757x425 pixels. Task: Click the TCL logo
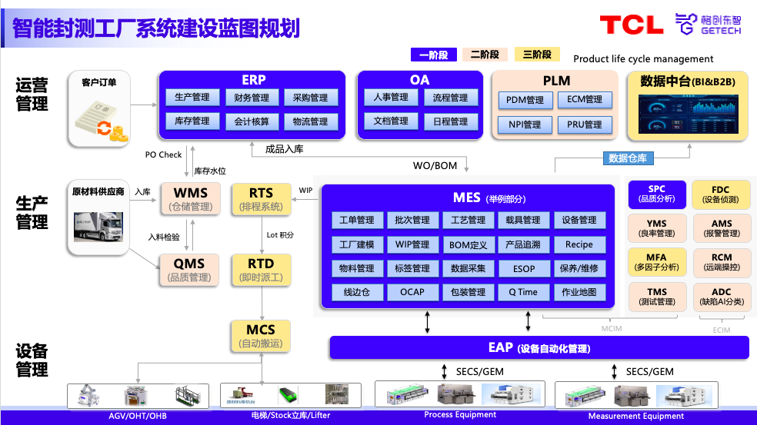pyautogui.click(x=631, y=25)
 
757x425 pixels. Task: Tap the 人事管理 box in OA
pyautogui.click(x=391, y=98)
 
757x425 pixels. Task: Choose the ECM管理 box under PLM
pyautogui.click(x=585, y=99)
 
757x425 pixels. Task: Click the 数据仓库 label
pyautogui.click(x=628, y=158)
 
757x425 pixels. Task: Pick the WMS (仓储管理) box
pyautogui.click(x=190, y=198)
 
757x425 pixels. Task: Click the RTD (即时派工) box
pyautogui.click(x=261, y=271)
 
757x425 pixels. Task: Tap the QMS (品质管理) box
pyautogui.click(x=189, y=271)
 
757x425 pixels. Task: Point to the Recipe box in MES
pyautogui.click(x=579, y=244)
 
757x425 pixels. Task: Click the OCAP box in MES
pyautogui.click(x=412, y=292)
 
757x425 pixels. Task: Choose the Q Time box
pyautogui.click(x=523, y=292)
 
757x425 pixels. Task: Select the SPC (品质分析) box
pyautogui.click(x=656, y=194)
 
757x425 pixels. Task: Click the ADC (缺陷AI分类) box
pyautogui.click(x=721, y=297)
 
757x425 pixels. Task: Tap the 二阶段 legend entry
pyautogui.click(x=485, y=55)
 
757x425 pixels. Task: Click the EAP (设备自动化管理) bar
pyautogui.click(x=539, y=348)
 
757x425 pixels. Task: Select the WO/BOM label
pyautogui.click(x=435, y=165)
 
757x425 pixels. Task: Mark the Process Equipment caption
pyautogui.click(x=460, y=415)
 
